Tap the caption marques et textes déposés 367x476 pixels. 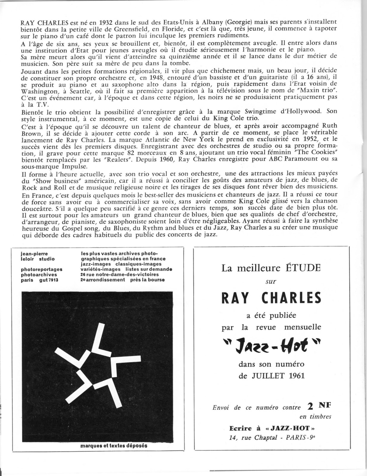[114, 446]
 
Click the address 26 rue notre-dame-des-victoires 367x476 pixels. [120, 274]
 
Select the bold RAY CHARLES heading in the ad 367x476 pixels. [271, 298]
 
